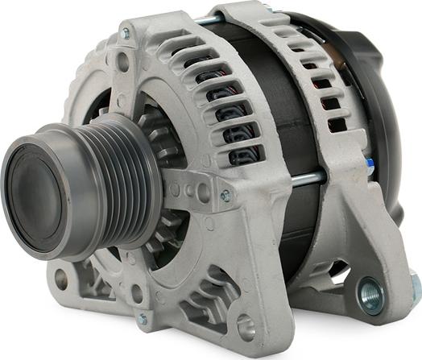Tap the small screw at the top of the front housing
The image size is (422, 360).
point(125,34)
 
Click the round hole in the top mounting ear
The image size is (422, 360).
point(122,58)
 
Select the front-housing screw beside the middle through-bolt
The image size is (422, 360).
point(225,195)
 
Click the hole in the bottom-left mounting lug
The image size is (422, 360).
point(60,280)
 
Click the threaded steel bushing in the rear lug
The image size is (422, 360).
point(371,295)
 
